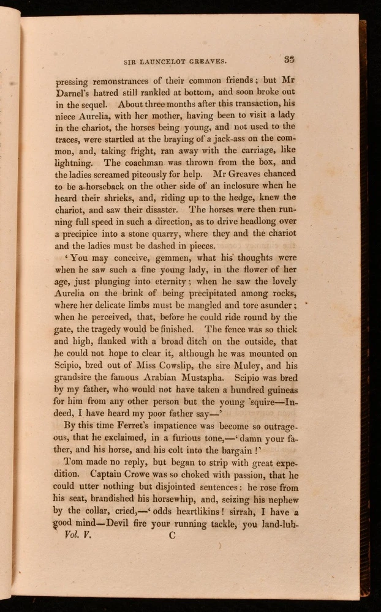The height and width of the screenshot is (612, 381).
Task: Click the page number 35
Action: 289,59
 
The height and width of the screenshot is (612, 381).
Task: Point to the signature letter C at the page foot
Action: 172,534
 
